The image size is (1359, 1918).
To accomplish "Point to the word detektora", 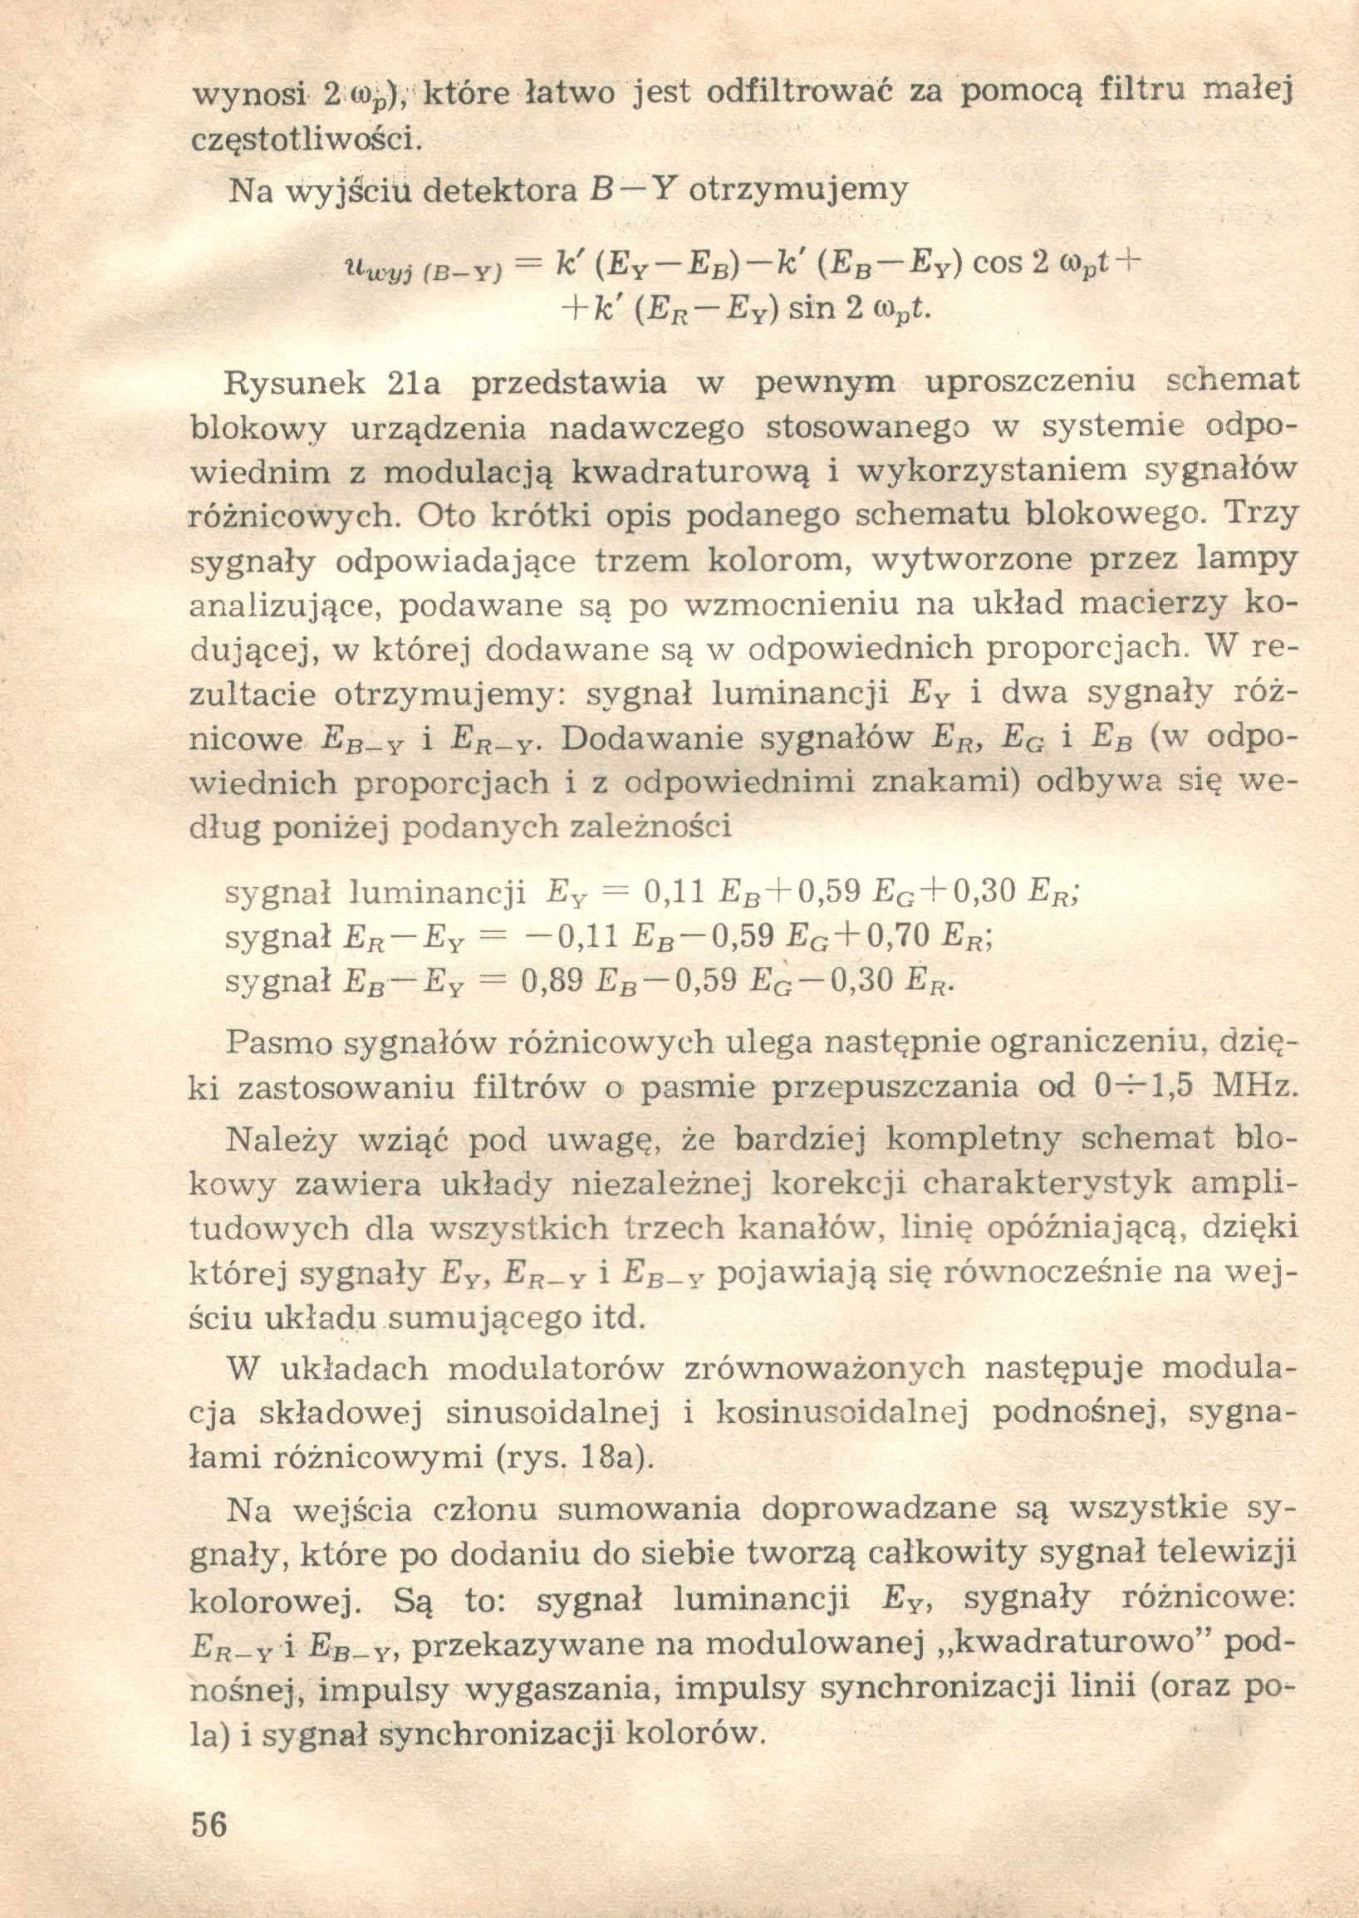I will (500, 192).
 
